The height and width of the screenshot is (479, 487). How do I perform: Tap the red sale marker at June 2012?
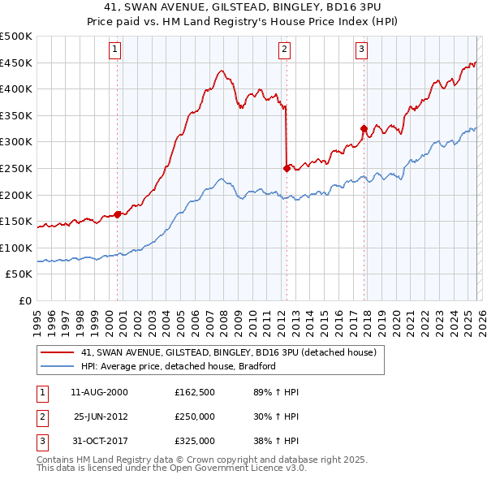(x=287, y=168)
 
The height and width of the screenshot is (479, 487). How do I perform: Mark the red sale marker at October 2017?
(x=364, y=128)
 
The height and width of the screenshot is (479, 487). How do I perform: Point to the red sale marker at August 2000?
(x=118, y=214)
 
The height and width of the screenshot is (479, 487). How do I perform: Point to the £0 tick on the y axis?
(x=26, y=300)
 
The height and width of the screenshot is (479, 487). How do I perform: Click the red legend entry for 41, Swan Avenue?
(x=228, y=353)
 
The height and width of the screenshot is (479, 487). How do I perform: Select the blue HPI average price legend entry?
(x=179, y=366)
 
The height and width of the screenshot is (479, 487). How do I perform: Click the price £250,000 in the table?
(x=195, y=416)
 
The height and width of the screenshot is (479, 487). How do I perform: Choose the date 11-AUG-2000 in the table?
(x=100, y=392)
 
